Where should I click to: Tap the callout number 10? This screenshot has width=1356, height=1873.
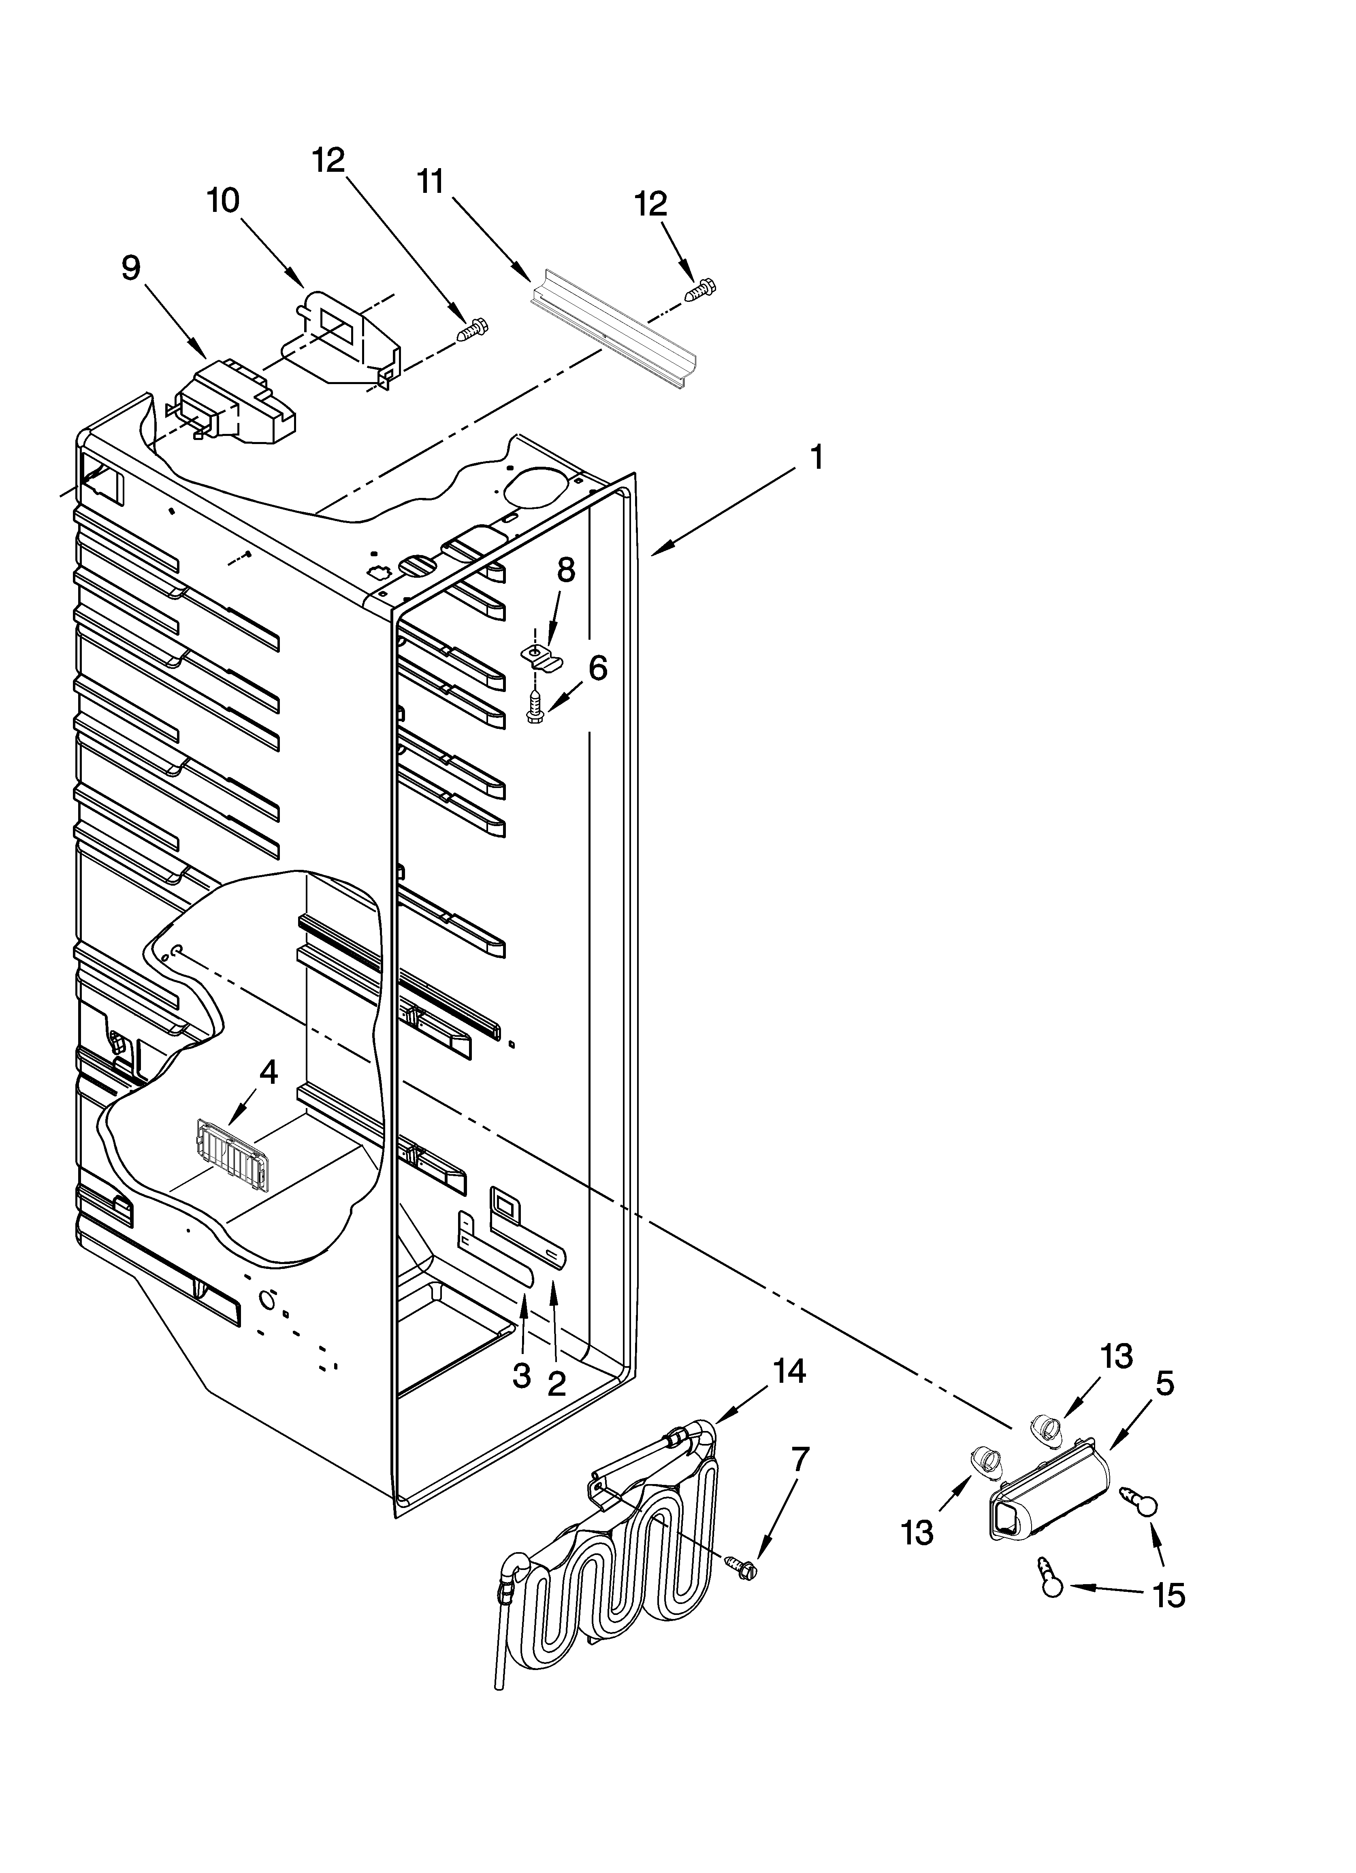coord(223,201)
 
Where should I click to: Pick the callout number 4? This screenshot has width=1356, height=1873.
coord(269,1072)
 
